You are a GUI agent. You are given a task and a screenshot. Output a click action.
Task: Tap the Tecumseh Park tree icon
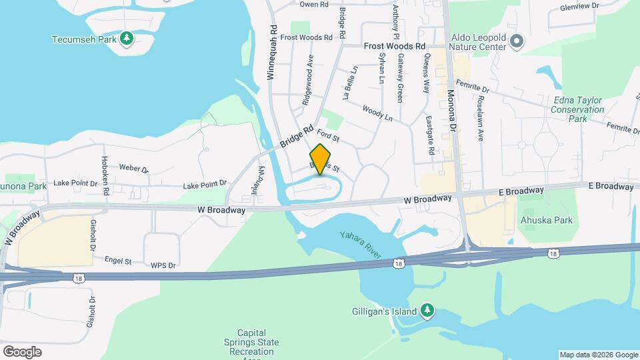tap(127, 39)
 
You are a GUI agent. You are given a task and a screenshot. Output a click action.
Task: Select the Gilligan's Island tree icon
tap(427, 311)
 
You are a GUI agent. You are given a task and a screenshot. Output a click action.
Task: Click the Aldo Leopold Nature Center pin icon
tap(516, 42)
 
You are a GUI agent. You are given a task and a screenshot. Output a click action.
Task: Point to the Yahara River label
tap(360, 245)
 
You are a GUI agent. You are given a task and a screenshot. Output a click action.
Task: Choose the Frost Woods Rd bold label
tap(394, 46)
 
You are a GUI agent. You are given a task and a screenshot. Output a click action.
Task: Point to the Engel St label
tap(118, 261)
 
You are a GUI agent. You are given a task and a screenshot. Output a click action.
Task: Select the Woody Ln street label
tap(377, 112)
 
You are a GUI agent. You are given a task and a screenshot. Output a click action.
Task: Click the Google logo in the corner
tap(22, 351)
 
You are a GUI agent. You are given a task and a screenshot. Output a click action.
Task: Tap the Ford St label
tap(329, 137)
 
